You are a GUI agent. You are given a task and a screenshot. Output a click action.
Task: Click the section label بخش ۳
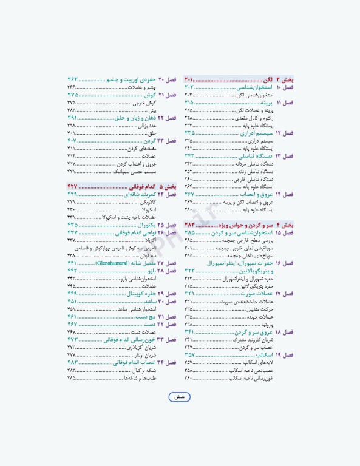pyautogui.click(x=284, y=80)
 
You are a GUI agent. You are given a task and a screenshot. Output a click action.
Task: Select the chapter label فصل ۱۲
pyautogui.click(x=284, y=132)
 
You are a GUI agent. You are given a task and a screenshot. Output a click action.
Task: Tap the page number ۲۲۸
pyautogui.click(x=188, y=118)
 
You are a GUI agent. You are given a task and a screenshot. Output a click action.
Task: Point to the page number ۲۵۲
pyautogui.click(x=188, y=171)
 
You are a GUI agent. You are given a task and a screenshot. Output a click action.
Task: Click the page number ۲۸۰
pyautogui.click(x=188, y=210)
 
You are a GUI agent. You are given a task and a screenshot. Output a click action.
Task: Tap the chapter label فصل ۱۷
pyautogui.click(x=284, y=294)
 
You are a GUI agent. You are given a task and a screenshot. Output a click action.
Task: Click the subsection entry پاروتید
pyautogui.click(x=268, y=325)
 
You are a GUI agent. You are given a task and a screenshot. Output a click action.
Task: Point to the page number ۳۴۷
pyautogui.click(x=188, y=347)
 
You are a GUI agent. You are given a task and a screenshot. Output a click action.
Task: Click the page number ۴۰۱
pyautogui.click(x=71, y=133)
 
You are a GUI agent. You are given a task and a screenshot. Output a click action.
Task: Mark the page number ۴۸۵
pyautogui.click(x=71, y=377)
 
